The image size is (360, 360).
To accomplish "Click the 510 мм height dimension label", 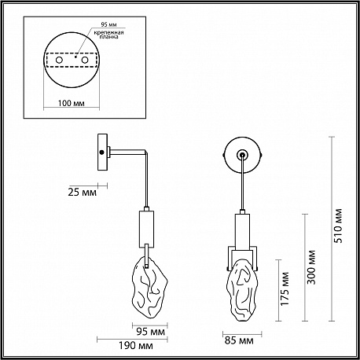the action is (339, 226).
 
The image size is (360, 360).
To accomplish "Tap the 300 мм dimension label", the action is (311, 267).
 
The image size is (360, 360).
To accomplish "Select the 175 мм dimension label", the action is (285, 288).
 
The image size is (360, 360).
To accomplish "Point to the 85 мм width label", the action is (239, 340).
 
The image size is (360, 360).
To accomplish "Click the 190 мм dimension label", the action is (136, 346).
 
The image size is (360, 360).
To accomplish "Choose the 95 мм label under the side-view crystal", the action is (151, 332).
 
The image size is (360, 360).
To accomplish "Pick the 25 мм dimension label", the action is (82, 193).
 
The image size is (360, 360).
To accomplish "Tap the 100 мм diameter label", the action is (72, 103).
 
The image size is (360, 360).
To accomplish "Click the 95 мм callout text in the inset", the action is (108, 24).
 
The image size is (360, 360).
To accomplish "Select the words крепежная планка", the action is (109, 35).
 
